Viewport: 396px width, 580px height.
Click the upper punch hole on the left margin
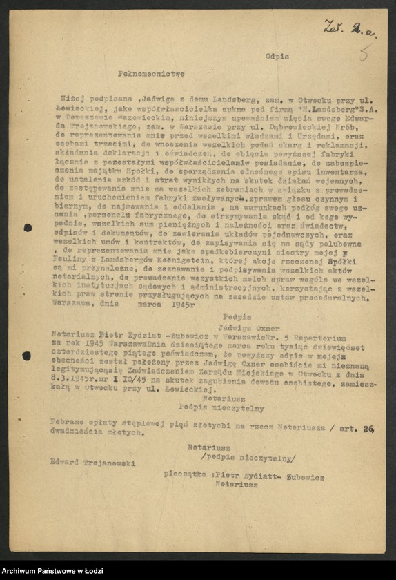[28, 228]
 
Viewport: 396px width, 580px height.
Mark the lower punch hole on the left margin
[27, 356]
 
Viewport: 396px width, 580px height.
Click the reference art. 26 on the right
[359, 427]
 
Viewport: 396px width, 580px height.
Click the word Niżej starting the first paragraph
[75, 98]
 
